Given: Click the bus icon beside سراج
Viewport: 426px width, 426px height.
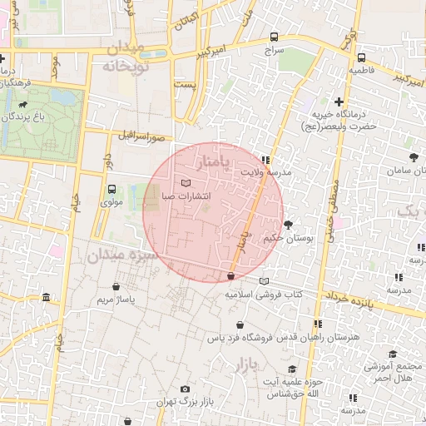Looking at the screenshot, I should (275, 37).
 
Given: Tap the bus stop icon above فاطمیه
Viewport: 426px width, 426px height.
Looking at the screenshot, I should (361, 58).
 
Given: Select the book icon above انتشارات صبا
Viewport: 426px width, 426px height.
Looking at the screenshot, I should (185, 182).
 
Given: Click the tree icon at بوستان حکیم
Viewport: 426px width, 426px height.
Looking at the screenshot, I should (288, 225).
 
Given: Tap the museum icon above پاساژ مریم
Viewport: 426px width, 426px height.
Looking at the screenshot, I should (46, 298).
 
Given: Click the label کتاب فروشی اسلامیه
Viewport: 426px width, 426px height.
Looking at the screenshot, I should (264, 295).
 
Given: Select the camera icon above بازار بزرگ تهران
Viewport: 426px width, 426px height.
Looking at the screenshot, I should (185, 389).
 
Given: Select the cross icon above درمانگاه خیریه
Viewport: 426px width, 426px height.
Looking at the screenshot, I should (339, 102).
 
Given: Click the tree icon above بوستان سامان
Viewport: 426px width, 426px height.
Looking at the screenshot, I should (413, 156).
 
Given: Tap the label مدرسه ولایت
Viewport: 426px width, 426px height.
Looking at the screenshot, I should (267, 171).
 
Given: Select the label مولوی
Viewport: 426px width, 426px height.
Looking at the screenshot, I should (111, 202).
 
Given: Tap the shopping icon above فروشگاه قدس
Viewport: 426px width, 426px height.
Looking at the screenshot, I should (240, 324).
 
